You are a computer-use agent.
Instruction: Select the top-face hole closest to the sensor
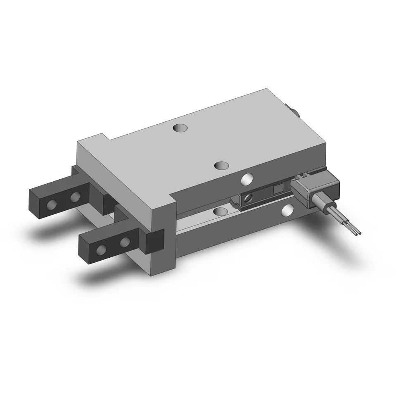(x=222, y=165)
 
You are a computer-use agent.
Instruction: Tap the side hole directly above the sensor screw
(x=247, y=179)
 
